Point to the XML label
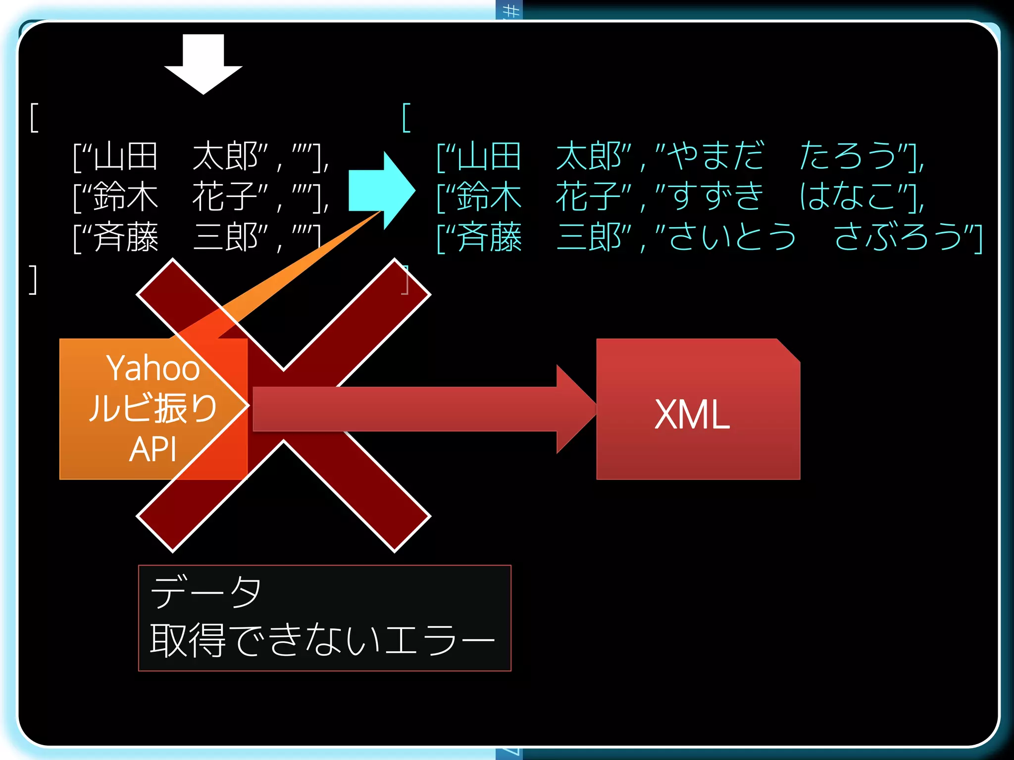click(692, 415)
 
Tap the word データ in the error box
click(205, 592)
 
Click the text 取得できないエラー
click(322, 640)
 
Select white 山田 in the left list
click(126, 156)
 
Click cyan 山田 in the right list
click(489, 156)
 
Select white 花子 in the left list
click(225, 197)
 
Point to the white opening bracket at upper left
click(34, 118)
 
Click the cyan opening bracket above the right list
click(406, 118)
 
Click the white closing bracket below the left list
click(33, 280)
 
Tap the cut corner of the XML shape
click(788, 350)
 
